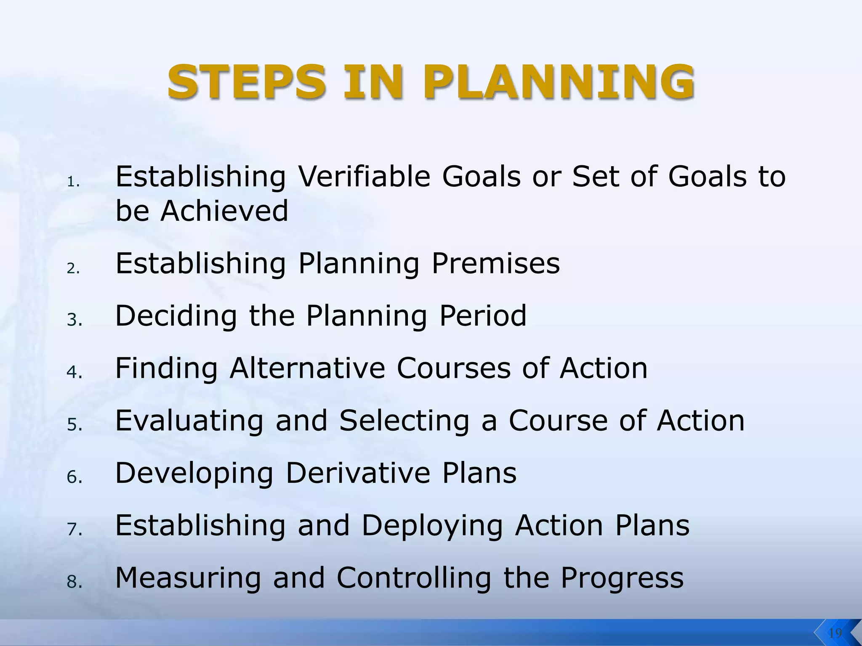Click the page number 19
pyautogui.click(x=835, y=633)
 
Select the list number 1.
pyautogui.click(x=73, y=182)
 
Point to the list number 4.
pyautogui.click(x=74, y=372)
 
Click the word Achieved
pyautogui.click(x=224, y=211)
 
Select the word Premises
pyautogui.click(x=496, y=263)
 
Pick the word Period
pyautogui.click(x=483, y=315)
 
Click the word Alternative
pyautogui.click(x=307, y=368)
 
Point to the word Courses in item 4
pyautogui.click(x=454, y=368)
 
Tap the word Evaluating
pyautogui.click(x=189, y=421)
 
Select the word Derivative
pyautogui.click(x=358, y=473)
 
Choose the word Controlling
pyautogui.click(x=414, y=578)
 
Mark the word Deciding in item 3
pyautogui.click(x=176, y=315)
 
